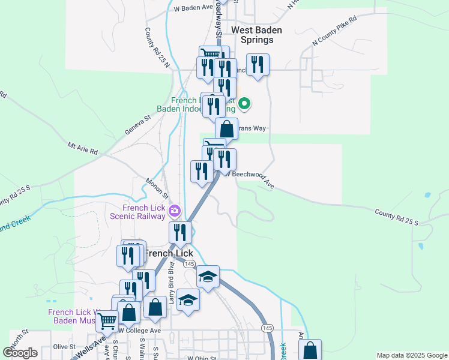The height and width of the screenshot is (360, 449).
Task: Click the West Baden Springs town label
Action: pyautogui.click(x=252, y=34)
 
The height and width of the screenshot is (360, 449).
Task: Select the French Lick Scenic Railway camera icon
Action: pyautogui.click(x=175, y=210)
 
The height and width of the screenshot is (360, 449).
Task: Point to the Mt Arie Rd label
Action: pyautogui.click(x=82, y=148)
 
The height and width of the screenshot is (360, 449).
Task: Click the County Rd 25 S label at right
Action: pyautogui.click(x=396, y=217)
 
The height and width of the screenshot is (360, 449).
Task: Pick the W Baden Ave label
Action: pyautogui.click(x=193, y=8)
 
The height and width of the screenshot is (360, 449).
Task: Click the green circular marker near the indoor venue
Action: pyautogui.click(x=244, y=104)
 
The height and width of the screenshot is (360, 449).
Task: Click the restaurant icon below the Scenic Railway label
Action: pyautogui.click(x=180, y=233)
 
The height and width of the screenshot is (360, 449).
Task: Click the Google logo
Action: pyautogui.click(x=20, y=353)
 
